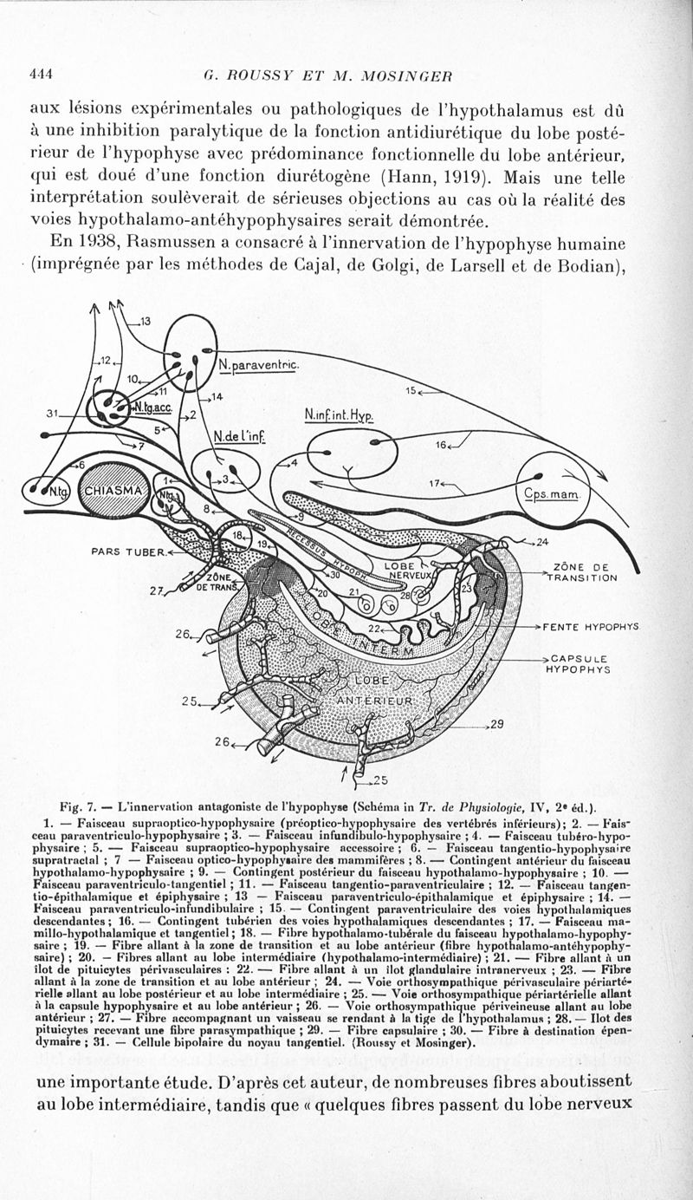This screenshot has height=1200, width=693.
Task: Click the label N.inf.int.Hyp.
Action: pyautogui.click(x=339, y=415)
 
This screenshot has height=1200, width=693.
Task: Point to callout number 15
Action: pyautogui.click(x=411, y=390)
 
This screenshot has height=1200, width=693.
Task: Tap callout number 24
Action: pyautogui.click(x=543, y=544)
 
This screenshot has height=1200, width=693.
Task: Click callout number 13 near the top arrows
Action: pyautogui.click(x=144, y=322)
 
